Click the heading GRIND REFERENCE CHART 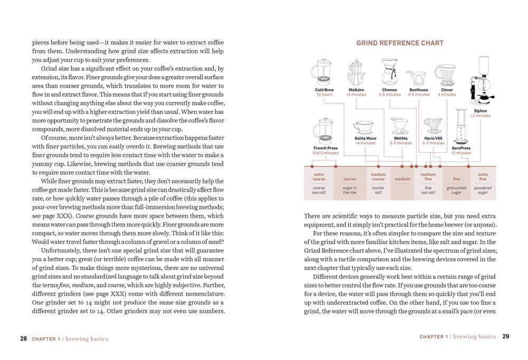(x=400, y=43)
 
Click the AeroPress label (x=461, y=148)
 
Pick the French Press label (x=325, y=148)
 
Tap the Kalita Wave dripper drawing (x=365, y=128)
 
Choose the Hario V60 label (x=433, y=139)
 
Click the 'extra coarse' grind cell (x=319, y=176)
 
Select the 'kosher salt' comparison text (x=378, y=190)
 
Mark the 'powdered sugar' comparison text (x=483, y=190)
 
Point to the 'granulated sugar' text (x=456, y=190)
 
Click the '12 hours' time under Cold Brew (x=324, y=94)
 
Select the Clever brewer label (x=447, y=90)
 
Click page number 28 (x=23, y=338)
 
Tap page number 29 (x=505, y=336)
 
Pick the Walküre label (x=356, y=90)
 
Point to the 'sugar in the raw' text (x=350, y=190)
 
